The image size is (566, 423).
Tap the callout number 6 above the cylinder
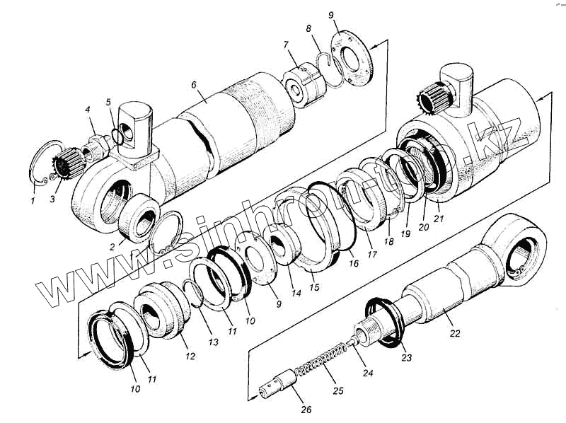coord(193,85)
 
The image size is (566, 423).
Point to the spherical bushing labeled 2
coord(139,215)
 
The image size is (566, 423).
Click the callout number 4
coord(87,110)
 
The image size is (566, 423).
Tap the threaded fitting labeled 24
coord(366,332)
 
